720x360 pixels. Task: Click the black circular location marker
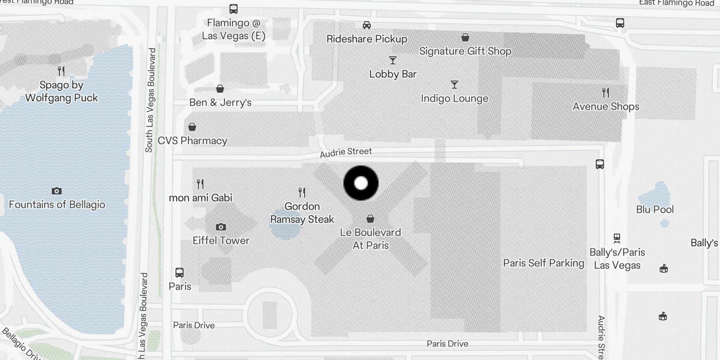[361, 183]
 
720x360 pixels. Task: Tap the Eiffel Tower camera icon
[220, 227]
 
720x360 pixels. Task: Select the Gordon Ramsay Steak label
[302, 213]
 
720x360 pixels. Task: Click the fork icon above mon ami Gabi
[200, 184]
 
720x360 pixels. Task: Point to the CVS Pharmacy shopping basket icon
[192, 127]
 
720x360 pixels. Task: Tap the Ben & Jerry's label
[220, 103]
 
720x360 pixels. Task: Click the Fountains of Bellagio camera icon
[57, 191]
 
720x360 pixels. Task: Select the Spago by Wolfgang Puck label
[61, 91]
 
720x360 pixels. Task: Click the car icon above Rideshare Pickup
[367, 25]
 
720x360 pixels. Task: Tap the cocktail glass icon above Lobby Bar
[393, 60]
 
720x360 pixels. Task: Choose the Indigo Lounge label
[454, 99]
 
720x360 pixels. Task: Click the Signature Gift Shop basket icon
[465, 37]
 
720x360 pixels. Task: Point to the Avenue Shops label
[606, 107]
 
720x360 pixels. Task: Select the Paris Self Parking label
[544, 263]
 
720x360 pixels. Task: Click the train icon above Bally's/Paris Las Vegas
[617, 238]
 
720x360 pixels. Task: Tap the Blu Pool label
[655, 209]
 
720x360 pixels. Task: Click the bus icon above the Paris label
[180, 272]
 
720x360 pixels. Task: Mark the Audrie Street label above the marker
[346, 152]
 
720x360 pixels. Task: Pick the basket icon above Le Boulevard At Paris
[370, 219]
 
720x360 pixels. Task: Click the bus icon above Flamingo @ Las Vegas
[234, 9]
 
